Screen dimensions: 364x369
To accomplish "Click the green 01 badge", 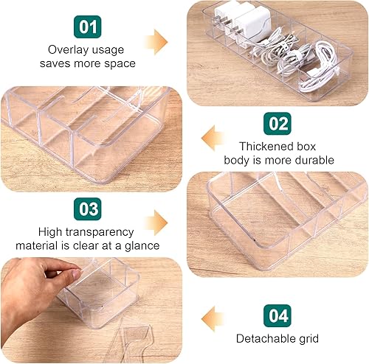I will [88, 28].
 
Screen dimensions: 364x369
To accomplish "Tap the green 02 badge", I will [277, 123].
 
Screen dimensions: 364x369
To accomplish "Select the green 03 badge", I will [88, 209].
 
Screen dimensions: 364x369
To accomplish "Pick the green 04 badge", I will [277, 316].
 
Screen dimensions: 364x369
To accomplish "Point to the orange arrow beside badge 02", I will [215, 136].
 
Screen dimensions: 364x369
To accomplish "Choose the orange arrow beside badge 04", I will [215, 318].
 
